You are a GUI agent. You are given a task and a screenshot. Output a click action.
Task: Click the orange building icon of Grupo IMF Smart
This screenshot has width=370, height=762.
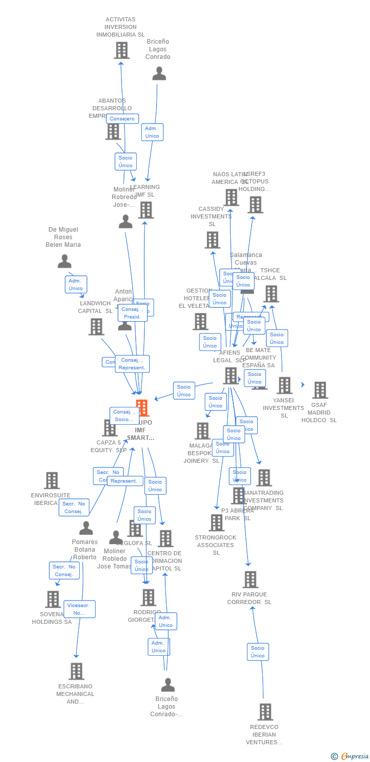pos(142,407)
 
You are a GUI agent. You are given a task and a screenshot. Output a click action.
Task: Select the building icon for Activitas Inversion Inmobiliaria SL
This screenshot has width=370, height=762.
pos(121,50)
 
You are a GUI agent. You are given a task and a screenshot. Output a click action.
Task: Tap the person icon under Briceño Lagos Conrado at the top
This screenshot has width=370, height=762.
pos(159,74)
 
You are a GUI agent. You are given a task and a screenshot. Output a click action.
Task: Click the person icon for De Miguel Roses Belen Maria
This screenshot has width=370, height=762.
pos(65,261)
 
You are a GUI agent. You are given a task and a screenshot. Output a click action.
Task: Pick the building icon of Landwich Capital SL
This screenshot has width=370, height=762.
pos(96,327)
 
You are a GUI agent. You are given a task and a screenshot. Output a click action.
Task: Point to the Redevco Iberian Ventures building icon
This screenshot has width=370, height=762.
pos(265,712)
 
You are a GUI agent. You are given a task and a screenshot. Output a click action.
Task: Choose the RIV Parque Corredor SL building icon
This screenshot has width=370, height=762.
pos(250,579)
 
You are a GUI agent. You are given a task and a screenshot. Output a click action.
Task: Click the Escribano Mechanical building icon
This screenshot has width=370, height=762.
pos(76,671)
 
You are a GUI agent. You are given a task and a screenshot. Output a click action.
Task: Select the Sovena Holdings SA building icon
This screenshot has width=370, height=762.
pos(53,599)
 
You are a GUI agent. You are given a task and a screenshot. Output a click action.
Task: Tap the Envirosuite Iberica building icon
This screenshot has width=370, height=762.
pos(52,480)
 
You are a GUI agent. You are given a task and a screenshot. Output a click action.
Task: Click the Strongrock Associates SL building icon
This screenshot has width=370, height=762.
pos(217,522)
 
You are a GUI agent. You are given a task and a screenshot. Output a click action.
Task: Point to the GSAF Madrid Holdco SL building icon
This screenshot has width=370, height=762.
pos(320,390)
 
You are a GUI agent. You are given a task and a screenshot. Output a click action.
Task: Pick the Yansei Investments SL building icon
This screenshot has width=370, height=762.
pos(284,385)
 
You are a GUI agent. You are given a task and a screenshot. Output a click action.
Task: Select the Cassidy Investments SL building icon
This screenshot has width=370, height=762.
pos(212,240)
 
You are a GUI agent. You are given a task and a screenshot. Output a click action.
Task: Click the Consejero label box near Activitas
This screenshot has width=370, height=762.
pos(122,119)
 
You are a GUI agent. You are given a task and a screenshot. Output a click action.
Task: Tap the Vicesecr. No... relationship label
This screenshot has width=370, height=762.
pos(79,609)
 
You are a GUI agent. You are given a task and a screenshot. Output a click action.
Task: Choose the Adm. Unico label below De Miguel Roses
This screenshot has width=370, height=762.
pos(76,284)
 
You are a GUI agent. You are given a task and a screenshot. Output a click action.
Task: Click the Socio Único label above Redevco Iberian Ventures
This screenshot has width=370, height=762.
pos(258,652)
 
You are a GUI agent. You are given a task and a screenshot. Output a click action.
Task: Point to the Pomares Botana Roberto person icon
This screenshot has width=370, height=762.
pos(86,528)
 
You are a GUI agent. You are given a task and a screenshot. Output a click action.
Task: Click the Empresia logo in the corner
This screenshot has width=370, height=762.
pos(350,756)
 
